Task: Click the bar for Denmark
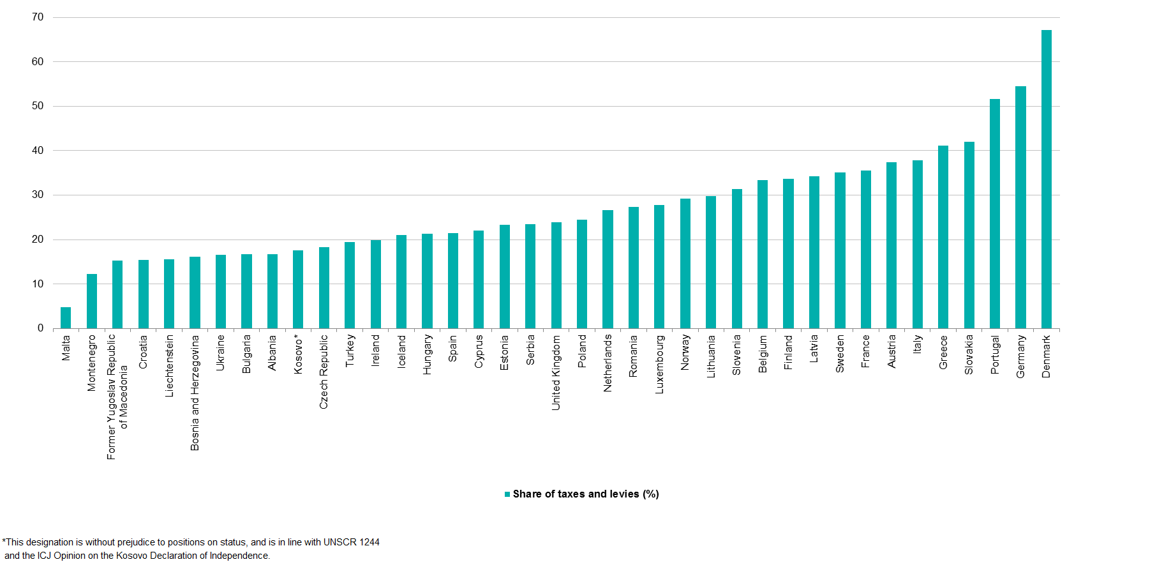[x=1047, y=179]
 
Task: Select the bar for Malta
[x=66, y=317]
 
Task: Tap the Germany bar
[x=1020, y=207]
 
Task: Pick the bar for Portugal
[x=995, y=213]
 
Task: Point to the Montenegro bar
[x=92, y=301]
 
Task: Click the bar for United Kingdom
[x=556, y=275]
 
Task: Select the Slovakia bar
[x=969, y=235]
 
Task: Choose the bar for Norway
[x=685, y=263]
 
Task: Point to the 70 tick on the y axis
[x=38, y=17]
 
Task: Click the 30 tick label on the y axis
[x=38, y=195]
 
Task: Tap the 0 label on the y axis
[x=41, y=328]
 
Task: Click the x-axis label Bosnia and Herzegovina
[x=195, y=393]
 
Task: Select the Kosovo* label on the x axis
[x=298, y=354]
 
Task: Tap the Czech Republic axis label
[x=324, y=372]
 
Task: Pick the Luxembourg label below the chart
[x=660, y=364]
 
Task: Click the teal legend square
[x=507, y=494]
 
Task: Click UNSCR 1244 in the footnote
[x=351, y=542]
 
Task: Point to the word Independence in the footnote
[x=239, y=556]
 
